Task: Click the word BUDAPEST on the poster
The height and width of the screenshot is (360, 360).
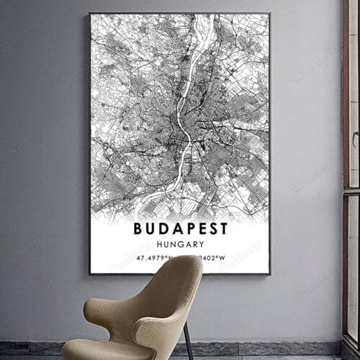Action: [x=180, y=229]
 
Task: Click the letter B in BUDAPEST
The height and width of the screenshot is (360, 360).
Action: [x=138, y=229]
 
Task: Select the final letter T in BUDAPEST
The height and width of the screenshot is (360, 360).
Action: [x=222, y=229]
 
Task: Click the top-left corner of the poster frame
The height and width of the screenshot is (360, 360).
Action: [x=90, y=14]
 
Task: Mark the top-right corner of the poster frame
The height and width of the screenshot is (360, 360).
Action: [x=270, y=14]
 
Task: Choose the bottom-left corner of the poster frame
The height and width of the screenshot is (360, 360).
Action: [x=90, y=274]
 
